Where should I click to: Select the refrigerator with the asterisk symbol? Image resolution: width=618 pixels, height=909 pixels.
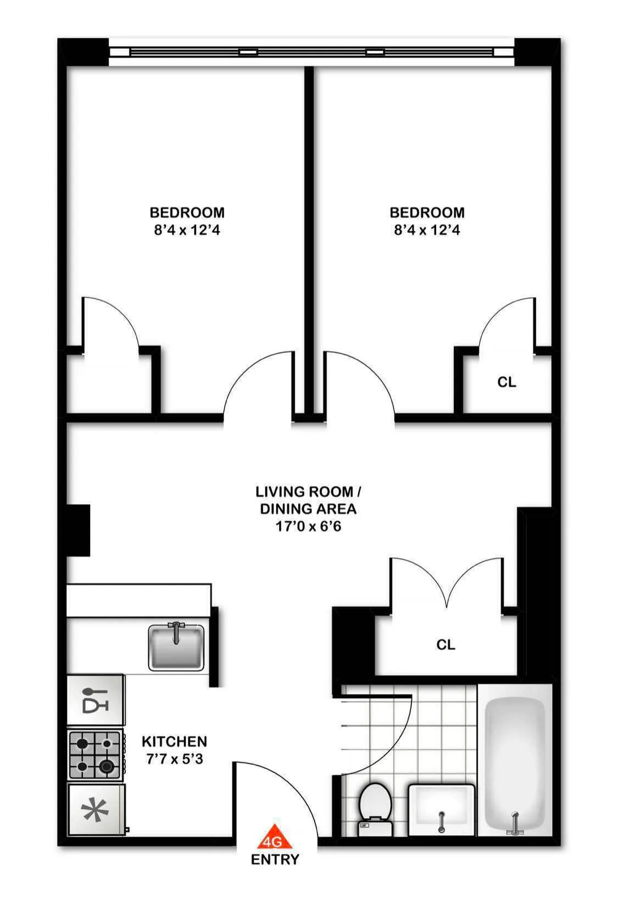96,809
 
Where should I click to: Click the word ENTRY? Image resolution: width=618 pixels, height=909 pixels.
275,860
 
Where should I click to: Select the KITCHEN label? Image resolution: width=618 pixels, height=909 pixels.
174,741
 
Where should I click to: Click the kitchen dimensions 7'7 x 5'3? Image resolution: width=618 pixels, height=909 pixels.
174,759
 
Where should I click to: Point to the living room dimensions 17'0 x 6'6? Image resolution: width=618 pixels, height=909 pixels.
308,526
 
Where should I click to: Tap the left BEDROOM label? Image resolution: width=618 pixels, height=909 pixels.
187,212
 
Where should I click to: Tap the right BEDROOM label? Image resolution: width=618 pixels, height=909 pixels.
427,212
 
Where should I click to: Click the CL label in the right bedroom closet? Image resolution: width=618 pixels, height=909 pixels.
506,382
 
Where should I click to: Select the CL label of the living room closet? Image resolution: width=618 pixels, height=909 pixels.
446,644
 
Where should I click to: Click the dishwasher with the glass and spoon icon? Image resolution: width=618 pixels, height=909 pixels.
95,700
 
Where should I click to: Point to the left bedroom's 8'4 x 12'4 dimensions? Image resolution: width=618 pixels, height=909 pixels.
187,230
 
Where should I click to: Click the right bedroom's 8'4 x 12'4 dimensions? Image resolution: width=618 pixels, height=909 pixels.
427,230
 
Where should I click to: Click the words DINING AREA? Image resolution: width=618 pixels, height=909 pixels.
308,509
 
